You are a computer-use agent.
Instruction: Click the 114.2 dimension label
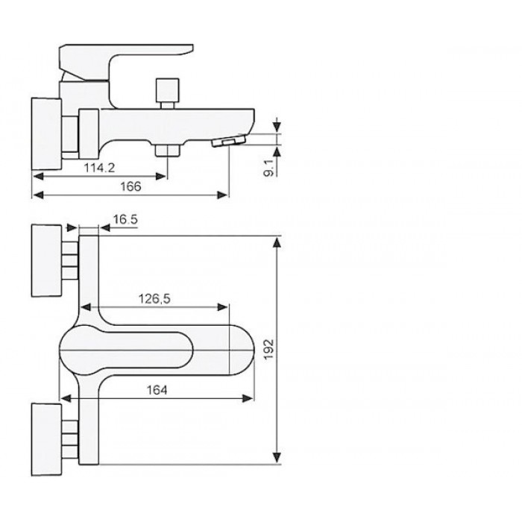[x=99, y=168]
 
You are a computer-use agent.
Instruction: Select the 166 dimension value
[x=130, y=186]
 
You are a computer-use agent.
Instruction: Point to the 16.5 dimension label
[x=125, y=220]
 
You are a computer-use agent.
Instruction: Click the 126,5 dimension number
[x=154, y=299]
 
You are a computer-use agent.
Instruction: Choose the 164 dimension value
[x=157, y=390]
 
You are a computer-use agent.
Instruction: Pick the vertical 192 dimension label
[x=270, y=349]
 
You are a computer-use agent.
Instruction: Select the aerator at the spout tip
[x=228, y=140]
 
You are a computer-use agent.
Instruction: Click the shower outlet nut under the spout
[x=167, y=151]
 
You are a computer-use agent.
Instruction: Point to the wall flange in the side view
[x=46, y=133]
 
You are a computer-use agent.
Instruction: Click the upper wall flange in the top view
[x=46, y=261]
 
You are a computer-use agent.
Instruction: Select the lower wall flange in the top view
[x=46, y=439]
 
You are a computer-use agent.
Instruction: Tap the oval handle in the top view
[x=126, y=350]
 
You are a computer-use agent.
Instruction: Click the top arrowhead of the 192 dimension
[x=277, y=242]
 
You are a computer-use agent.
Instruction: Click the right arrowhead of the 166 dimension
[x=222, y=195]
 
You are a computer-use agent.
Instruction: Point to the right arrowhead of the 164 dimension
[x=248, y=398]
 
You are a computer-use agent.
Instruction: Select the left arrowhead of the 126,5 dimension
[x=86, y=307]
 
